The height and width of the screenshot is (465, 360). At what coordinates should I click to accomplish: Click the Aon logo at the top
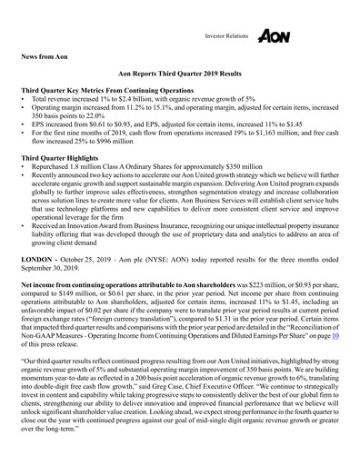tap(274, 35)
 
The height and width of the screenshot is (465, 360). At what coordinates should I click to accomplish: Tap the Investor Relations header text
tap(221, 36)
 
